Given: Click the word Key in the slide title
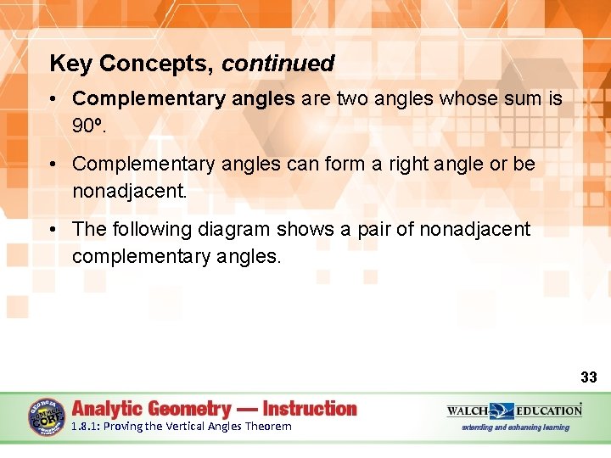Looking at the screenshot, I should point(69,64).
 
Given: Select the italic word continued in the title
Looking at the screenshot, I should point(278,64).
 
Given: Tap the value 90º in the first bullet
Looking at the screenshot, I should point(87,126).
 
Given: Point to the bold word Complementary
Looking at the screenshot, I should point(142,99).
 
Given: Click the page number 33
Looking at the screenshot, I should point(588,377).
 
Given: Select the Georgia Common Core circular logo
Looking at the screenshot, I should point(47,417).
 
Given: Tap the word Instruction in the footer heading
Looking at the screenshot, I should point(310,409).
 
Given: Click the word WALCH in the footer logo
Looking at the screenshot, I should point(468,411).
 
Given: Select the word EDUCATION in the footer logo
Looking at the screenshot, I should point(551,411).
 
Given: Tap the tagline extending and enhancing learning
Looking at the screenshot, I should point(515,427).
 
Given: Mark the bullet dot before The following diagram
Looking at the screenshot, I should point(53,229).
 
